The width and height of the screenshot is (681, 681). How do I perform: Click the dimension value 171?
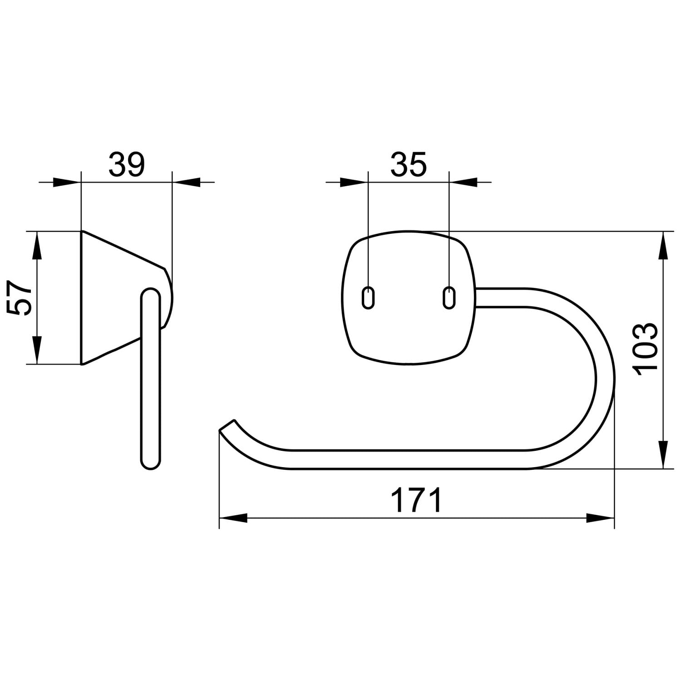416,500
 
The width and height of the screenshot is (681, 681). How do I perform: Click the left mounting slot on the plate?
368,298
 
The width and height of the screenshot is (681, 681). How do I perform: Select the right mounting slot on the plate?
449,298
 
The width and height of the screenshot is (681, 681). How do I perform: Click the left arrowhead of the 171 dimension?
233,518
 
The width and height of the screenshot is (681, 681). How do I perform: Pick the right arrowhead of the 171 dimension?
600,518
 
